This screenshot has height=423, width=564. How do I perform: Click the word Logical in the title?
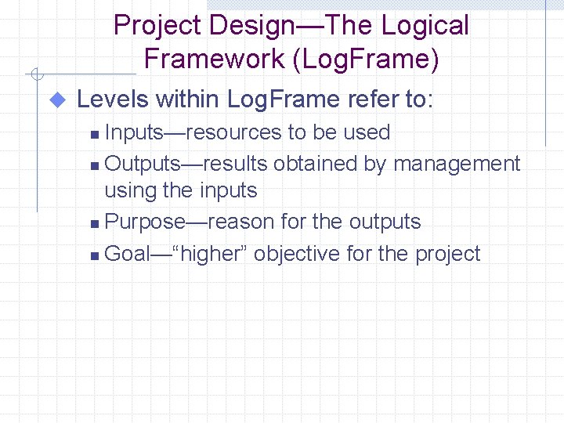(x=425, y=25)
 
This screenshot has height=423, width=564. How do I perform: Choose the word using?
(x=128, y=190)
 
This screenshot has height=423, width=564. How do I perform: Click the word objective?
(x=299, y=254)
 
